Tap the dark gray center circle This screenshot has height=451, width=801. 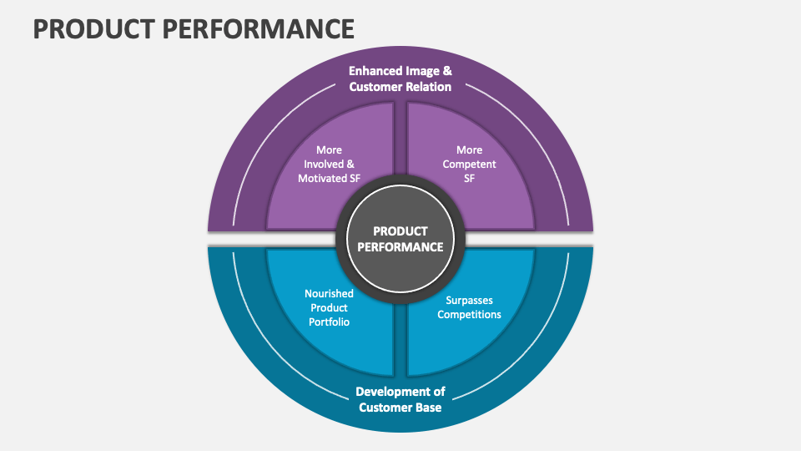coord(400,239)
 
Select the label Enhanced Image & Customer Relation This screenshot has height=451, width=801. coord(400,79)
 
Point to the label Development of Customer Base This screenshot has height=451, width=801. coord(400,399)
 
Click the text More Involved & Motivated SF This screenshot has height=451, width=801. coord(329,164)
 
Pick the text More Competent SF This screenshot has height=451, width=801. coord(469,164)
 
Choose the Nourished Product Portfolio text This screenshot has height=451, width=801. coord(328,307)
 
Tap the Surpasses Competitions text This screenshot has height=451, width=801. coord(469,307)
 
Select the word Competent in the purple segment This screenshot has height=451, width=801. coord(469,164)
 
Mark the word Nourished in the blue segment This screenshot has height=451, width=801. coord(329,293)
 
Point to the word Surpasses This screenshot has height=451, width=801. coord(469,300)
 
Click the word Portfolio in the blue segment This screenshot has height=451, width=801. coord(328,322)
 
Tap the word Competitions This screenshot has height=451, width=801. coord(469,315)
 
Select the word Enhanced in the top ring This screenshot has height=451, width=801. coord(376,71)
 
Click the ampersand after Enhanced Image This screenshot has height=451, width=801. coord(447,71)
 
